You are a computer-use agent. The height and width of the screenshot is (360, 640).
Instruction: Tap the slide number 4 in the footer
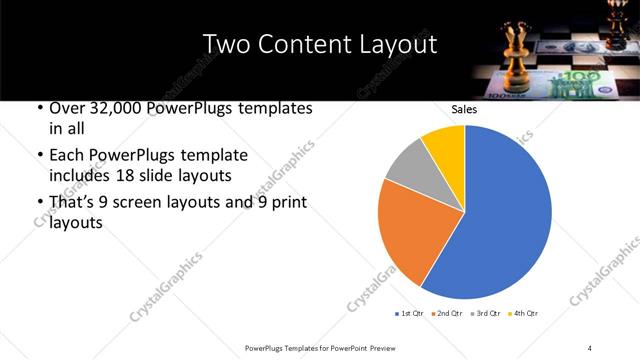[590, 347]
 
